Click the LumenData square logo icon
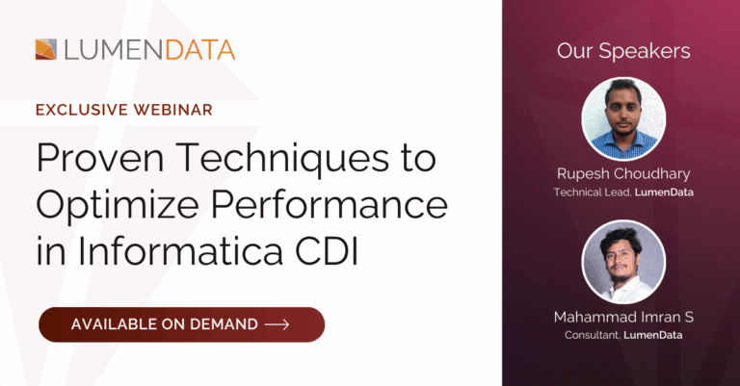coord(46,49)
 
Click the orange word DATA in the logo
coord(200,50)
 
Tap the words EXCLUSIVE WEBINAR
coord(124,110)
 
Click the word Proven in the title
coord(100,158)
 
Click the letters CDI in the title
coord(327,250)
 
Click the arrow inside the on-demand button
coord(277,324)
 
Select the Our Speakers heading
coord(623,51)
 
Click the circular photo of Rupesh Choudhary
coord(623,118)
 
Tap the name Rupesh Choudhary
coord(623,174)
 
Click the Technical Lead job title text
coord(592,193)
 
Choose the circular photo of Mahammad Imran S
coord(623,262)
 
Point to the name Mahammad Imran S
coord(623,318)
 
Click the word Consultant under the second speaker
coord(592,335)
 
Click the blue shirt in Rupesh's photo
coord(623,144)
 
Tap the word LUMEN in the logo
coord(115,50)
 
